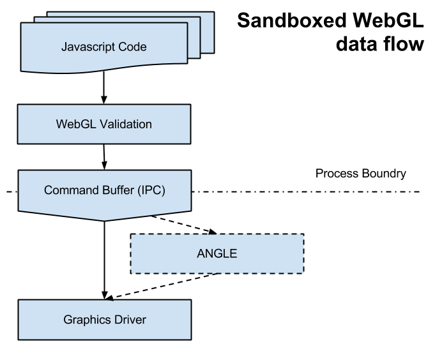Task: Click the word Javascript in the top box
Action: (x=88, y=47)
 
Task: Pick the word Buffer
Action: (x=116, y=190)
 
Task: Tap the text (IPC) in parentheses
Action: (x=151, y=190)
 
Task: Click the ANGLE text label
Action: (x=217, y=253)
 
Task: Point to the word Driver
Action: (x=129, y=319)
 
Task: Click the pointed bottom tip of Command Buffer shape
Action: (x=105, y=219)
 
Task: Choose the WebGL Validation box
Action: (x=38, y=134)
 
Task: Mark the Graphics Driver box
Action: (x=38, y=329)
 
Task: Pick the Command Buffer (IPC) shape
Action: (x=38, y=201)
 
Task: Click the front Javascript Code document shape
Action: (x=38, y=57)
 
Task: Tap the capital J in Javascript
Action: (x=64, y=47)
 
